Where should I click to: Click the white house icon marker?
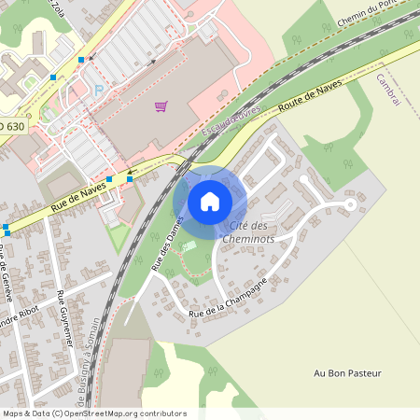click(210, 201)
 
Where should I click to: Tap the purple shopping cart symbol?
click(161, 106)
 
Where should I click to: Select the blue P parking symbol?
click(99, 91)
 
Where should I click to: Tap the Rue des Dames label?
click(164, 245)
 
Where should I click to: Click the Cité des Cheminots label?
click(247, 231)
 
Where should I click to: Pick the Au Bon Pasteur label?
click(348, 373)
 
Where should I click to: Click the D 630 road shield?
click(12, 125)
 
